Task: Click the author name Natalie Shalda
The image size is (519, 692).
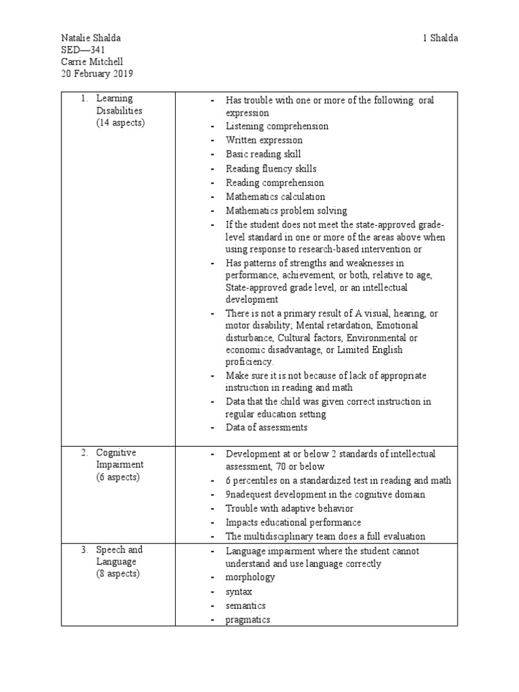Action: pos(91,38)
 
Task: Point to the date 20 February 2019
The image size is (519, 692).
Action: pos(95,74)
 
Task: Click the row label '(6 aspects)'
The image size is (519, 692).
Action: pos(118,477)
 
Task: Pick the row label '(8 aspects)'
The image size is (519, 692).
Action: pos(118,574)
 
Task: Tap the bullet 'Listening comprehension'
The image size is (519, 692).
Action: pos(277,126)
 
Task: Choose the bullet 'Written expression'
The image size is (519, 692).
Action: pos(264,141)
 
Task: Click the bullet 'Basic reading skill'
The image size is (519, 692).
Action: pos(264,155)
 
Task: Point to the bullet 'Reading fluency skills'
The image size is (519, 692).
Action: pos(271,169)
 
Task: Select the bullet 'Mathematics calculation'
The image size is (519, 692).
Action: pos(275,197)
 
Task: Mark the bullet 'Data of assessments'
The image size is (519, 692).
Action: pos(266,427)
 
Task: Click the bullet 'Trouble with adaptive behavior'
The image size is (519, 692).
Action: pos(289,508)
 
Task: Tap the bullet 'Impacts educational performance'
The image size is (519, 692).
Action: pos(293,522)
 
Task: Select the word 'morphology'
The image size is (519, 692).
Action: pos(250,577)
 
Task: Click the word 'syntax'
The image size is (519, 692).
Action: pos(239,591)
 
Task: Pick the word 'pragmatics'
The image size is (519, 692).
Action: pos(248,620)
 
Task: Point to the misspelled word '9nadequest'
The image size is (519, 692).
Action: pos(249,495)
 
